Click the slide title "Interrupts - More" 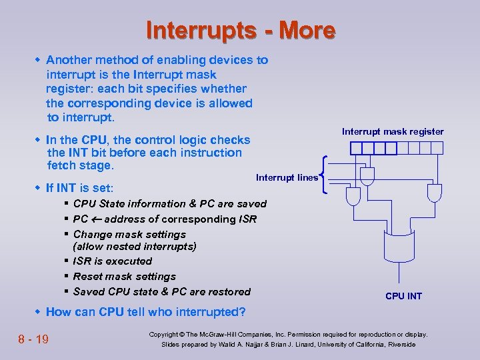pyautogui.click(x=240, y=31)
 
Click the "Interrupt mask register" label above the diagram pyautogui.click(x=393, y=131)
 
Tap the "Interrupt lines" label pyautogui.click(x=287, y=177)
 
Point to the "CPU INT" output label pyautogui.click(x=403, y=296)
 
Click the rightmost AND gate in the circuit pyautogui.click(x=434, y=193)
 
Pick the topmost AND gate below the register pyautogui.click(x=365, y=175)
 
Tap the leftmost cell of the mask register pyautogui.click(x=355, y=147)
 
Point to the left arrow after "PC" pyautogui.click(x=96, y=219)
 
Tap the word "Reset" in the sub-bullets pyautogui.click(x=89, y=277)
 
